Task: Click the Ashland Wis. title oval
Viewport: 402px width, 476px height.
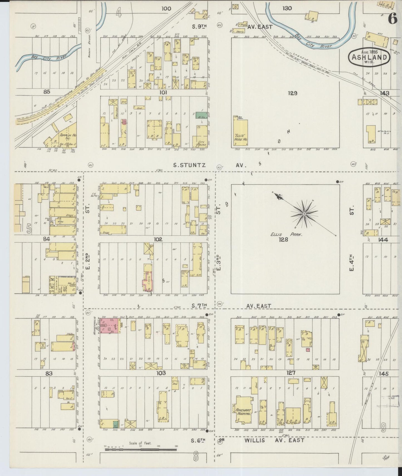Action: tap(369, 57)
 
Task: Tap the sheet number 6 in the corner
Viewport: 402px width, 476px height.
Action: tap(392, 19)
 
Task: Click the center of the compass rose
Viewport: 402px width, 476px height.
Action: tap(304, 214)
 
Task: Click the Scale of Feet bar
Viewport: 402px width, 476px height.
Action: tap(140, 449)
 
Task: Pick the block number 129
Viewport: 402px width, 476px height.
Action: tap(293, 93)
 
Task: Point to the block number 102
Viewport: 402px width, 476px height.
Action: tap(158, 239)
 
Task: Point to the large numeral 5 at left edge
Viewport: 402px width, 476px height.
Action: tap(29, 229)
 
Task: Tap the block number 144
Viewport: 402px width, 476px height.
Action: tap(383, 239)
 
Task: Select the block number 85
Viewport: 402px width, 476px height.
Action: tap(46, 91)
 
